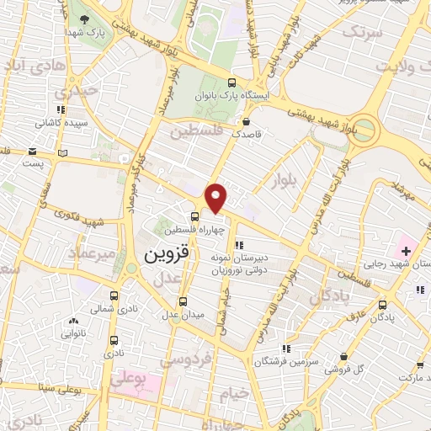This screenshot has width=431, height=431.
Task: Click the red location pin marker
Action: (216, 197)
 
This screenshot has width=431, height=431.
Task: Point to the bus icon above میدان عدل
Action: (183, 301)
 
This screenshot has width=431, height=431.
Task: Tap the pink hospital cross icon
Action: (407, 251)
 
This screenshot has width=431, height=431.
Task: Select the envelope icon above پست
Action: (32, 152)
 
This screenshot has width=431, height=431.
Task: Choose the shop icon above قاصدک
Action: (245, 121)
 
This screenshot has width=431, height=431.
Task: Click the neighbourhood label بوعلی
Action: (128, 380)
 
